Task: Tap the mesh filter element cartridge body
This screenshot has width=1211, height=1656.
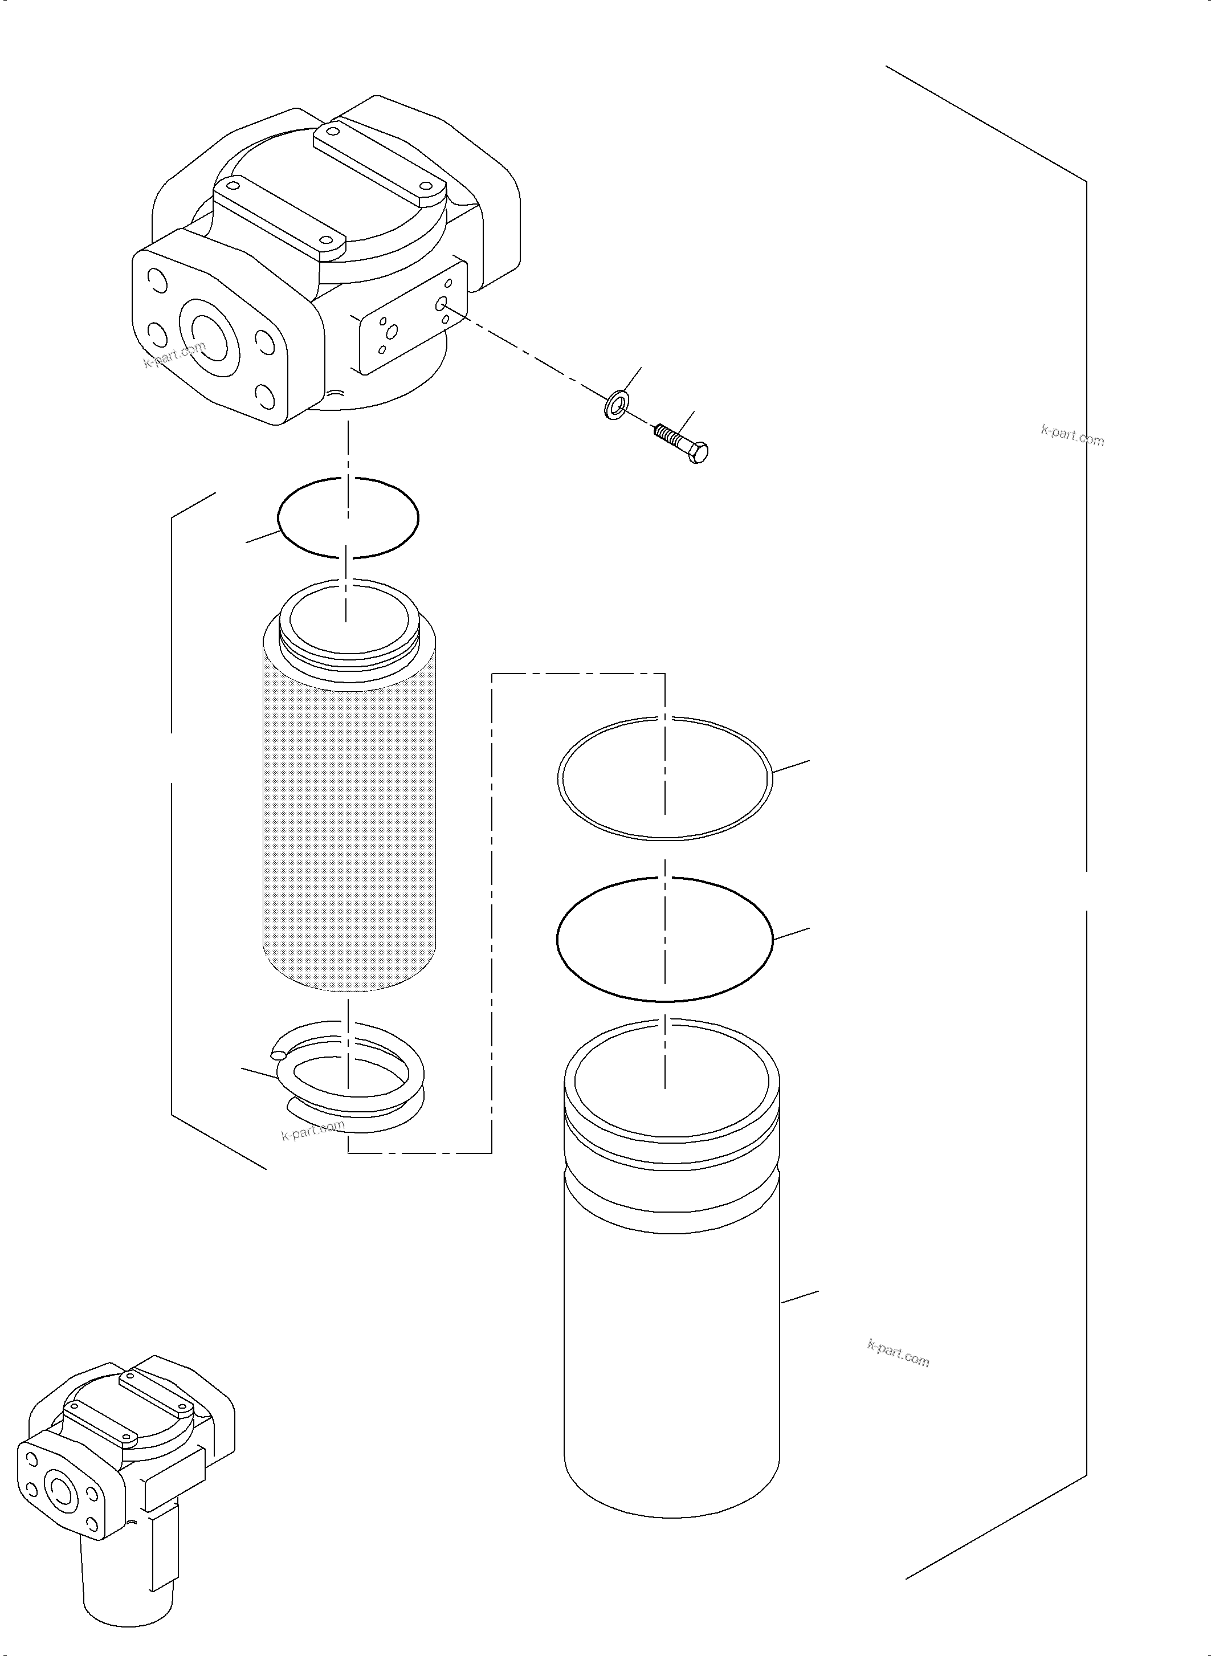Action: [349, 821]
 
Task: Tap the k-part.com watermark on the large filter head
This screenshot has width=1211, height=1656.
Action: [174, 356]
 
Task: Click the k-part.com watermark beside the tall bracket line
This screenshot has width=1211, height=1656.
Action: [1072, 435]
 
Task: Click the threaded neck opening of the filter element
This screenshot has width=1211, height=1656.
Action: [349, 620]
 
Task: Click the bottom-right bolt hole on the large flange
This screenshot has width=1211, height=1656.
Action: [264, 399]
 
